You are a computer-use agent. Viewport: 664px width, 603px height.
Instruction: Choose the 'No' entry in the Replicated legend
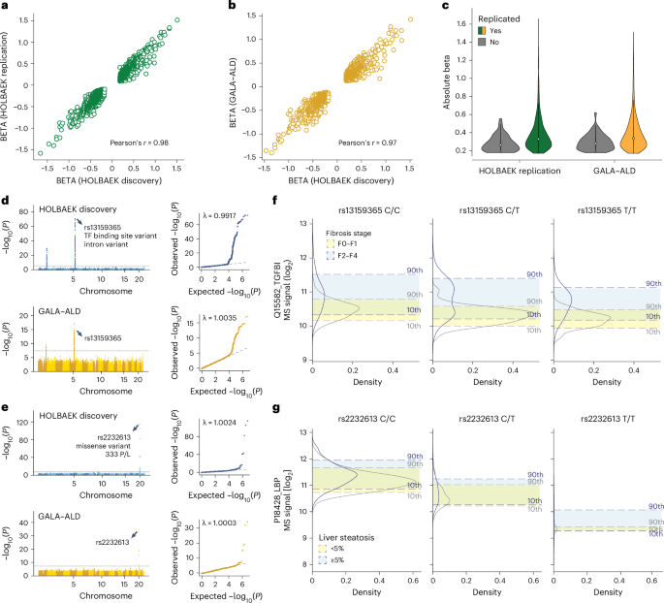click(513, 43)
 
